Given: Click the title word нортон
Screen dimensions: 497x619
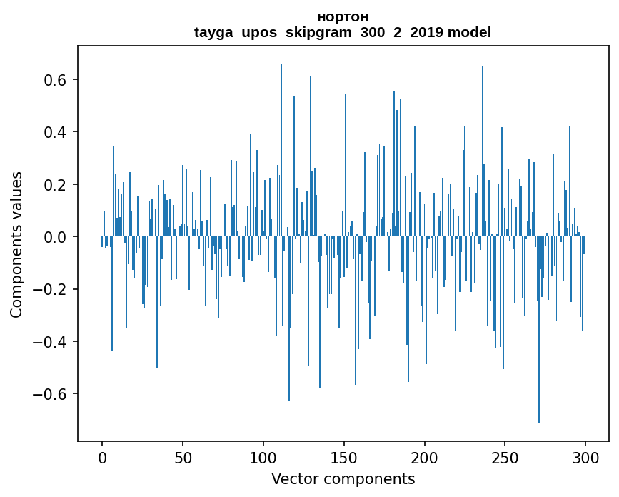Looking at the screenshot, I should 343,16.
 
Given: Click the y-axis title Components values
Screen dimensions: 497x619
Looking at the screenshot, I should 16,244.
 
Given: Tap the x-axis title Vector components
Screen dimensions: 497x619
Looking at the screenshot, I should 343,479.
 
